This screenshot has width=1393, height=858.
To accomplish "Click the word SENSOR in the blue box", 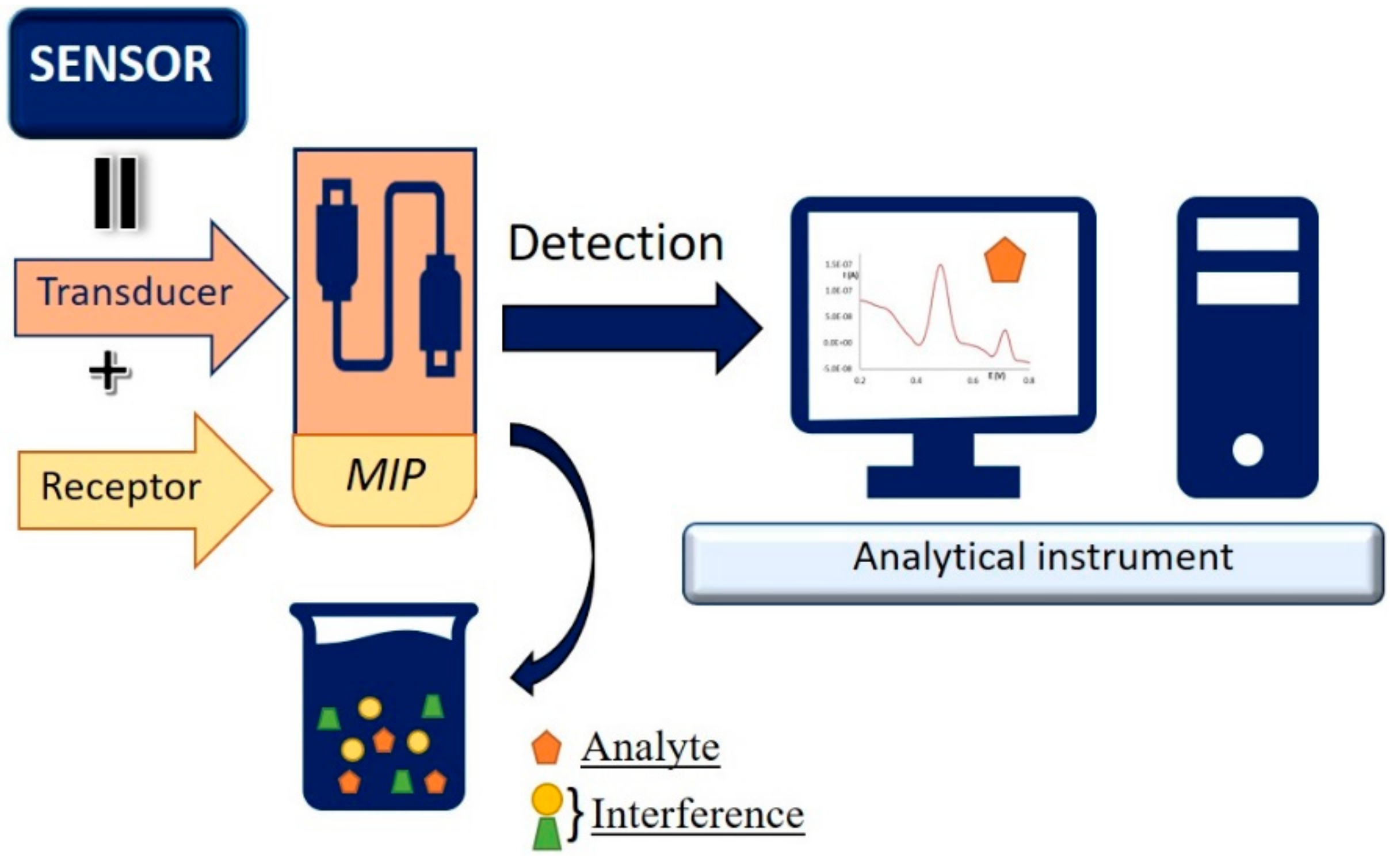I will (121, 64).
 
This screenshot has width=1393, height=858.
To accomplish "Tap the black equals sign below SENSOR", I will (115, 193).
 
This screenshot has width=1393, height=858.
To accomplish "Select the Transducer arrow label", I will (135, 292).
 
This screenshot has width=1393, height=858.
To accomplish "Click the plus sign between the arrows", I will (109, 372).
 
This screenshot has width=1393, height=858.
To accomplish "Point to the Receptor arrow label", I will (121, 487).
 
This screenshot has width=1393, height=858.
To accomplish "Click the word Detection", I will (615, 244).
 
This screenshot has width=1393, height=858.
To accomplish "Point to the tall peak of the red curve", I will (940, 267).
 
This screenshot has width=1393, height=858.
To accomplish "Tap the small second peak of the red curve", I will (1005, 332).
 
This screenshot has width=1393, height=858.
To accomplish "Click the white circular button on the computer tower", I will (1247, 449).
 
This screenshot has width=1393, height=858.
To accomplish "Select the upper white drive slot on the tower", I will (1247, 234).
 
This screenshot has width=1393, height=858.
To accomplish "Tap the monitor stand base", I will (943, 481).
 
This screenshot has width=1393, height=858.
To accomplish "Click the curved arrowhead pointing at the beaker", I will (526, 674).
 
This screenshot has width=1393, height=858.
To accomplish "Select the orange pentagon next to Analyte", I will (545, 748).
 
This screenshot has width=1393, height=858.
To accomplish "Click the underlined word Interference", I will (697, 814).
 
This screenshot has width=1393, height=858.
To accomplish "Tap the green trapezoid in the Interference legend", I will (546, 834).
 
